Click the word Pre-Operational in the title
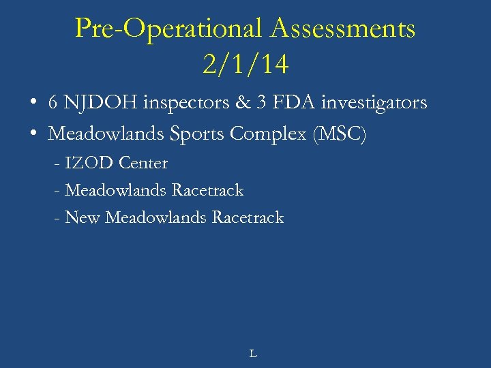(x=169, y=29)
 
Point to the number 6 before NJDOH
(x=53, y=103)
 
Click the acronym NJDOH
(x=100, y=103)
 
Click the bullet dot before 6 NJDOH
(x=33, y=104)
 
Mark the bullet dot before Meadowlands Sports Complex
(x=33, y=134)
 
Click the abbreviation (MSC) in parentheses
(x=339, y=134)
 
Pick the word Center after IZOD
(x=143, y=163)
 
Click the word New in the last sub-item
(x=83, y=217)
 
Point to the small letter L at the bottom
(x=252, y=354)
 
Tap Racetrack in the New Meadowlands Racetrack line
(x=248, y=217)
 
